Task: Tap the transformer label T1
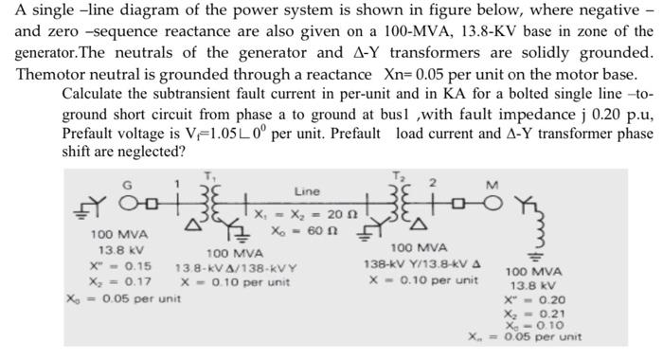pyautogui.click(x=211, y=177)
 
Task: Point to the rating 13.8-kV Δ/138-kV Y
pyautogui.click(x=236, y=268)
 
